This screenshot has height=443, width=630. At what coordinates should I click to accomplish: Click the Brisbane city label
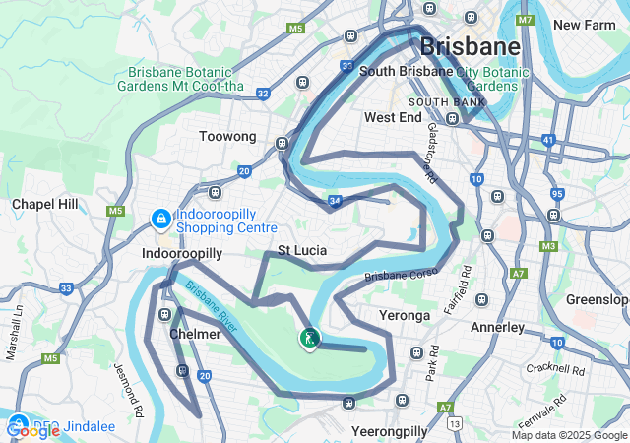(470, 46)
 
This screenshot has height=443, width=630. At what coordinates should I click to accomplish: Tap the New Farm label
(585, 25)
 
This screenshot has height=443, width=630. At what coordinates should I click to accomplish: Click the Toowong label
(227, 136)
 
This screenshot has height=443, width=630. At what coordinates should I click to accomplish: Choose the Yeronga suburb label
(405, 315)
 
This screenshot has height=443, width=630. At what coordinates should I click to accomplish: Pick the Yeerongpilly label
(390, 431)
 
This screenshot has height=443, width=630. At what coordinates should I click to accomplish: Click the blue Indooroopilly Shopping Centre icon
(159, 218)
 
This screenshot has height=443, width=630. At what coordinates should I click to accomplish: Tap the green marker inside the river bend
(310, 339)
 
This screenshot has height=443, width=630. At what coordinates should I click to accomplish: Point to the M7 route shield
(524, 20)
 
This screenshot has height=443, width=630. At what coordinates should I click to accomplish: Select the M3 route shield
(548, 245)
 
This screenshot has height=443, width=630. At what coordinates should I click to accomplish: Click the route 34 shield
(335, 201)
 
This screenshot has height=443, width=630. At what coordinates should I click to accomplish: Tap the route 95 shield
(557, 194)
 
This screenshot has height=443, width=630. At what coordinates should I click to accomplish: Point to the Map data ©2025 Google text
(569, 435)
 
